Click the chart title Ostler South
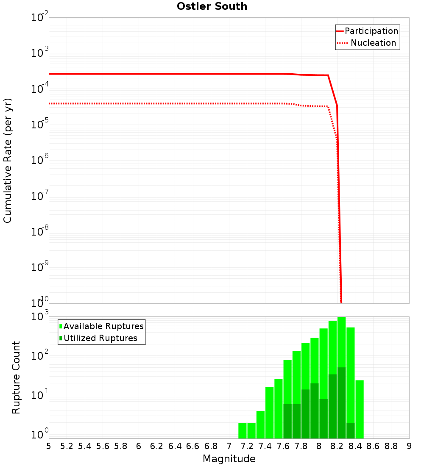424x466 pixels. [212, 6]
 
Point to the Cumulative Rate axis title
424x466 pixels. [8, 160]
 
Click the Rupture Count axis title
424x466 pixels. [16, 377]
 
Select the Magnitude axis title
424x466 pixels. [229, 459]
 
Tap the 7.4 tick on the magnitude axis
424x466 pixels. [265, 446]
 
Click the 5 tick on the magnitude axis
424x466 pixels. [49, 446]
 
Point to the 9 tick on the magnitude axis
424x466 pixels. [409, 446]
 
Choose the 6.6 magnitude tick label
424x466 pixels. [193, 446]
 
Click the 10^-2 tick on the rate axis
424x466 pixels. [40, 18]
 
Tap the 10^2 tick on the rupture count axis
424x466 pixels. [40, 356]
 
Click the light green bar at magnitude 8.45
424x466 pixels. [360, 409]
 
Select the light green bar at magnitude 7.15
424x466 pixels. [243, 430]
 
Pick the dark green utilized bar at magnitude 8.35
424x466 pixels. [351, 430]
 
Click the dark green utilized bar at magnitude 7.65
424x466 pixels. [287, 421]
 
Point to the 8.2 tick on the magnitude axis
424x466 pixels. [337, 446]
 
